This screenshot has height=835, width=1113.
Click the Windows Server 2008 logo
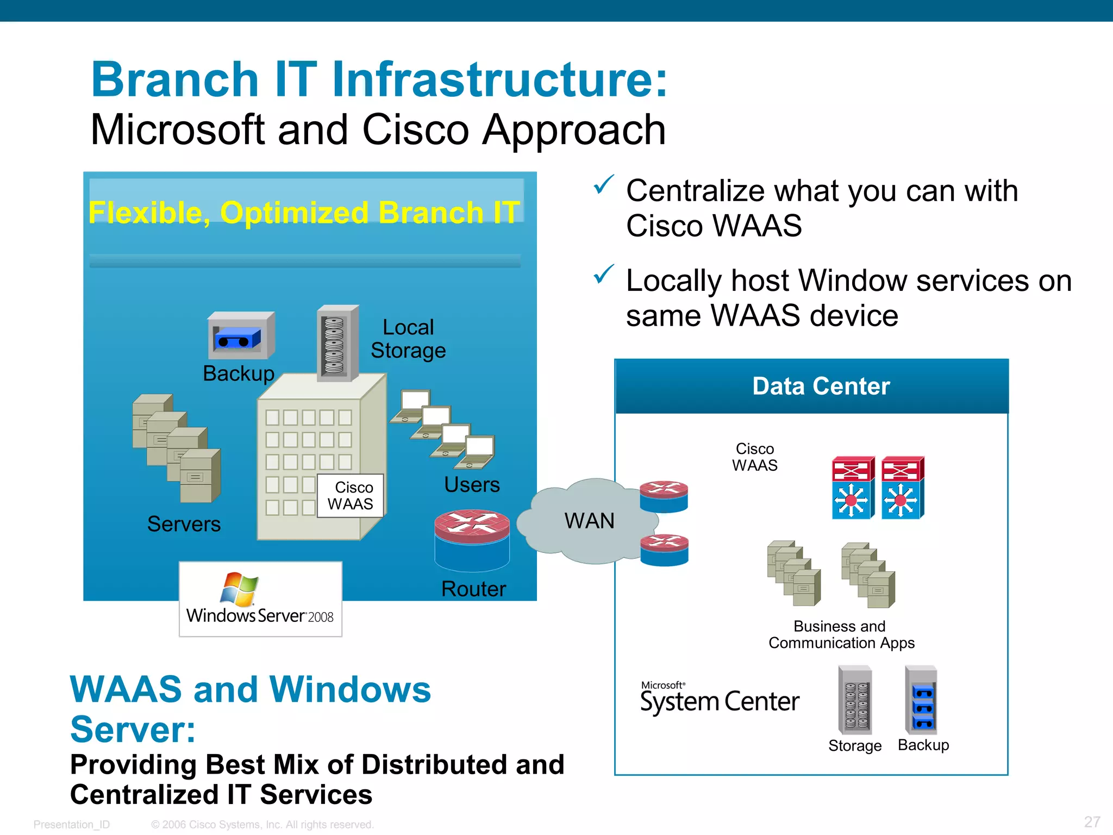pos(260,599)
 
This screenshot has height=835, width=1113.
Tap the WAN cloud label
pos(589,521)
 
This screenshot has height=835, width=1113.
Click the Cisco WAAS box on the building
pos(351,495)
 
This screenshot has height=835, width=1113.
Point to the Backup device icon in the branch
pos(241,335)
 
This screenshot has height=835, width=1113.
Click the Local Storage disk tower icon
pos(337,344)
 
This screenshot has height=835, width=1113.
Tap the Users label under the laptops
pos(472,484)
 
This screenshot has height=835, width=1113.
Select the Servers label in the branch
pos(184,524)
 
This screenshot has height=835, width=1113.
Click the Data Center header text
pos(821,386)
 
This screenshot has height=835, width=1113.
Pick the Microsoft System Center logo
pos(719,698)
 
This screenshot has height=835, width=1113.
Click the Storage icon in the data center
pos(855,700)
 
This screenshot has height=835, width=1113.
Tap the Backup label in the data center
pos(923,745)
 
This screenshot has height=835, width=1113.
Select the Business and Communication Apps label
pos(841,634)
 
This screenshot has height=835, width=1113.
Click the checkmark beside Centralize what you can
pos(603,185)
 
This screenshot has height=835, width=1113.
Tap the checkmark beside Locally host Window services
pos(603,275)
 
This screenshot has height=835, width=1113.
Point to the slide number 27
pos(1092,821)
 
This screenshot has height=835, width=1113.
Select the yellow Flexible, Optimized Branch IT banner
pos(304,212)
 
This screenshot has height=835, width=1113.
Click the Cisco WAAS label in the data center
pos(754,457)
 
